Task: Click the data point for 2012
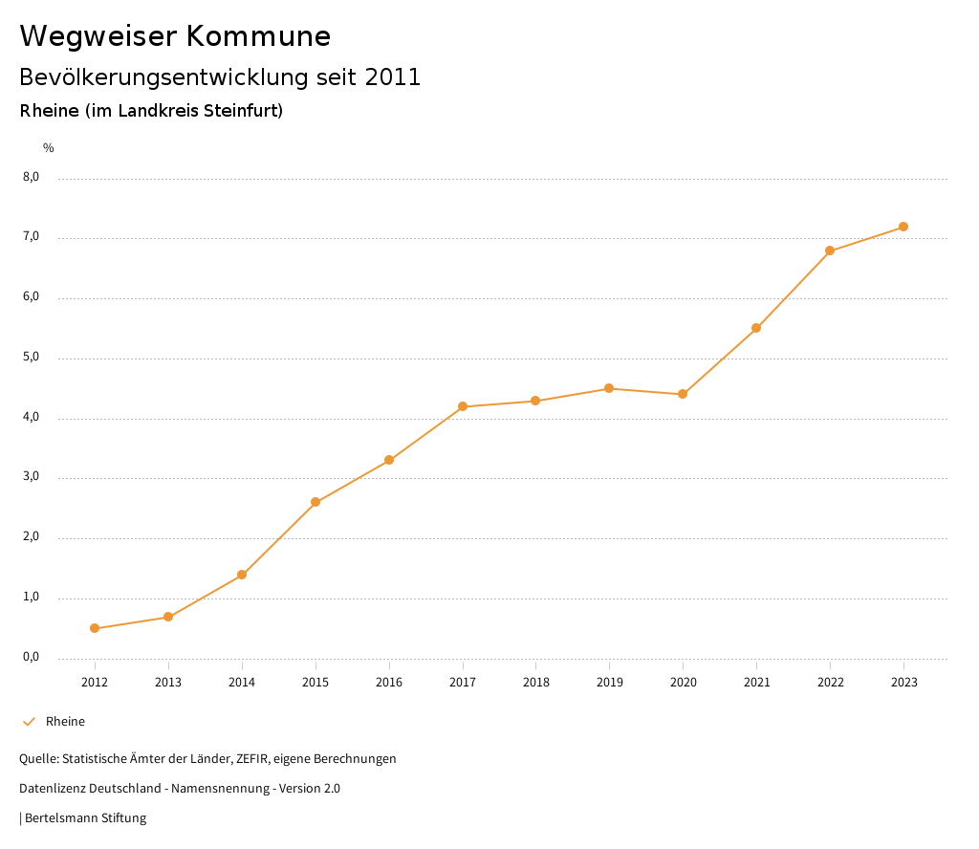[95, 628]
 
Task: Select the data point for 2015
[315, 502]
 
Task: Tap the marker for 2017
[463, 406]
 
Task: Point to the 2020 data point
[683, 394]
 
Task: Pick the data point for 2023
[903, 227]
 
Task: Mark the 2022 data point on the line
[830, 250]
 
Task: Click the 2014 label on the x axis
[242, 682]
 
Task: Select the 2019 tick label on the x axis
[609, 682]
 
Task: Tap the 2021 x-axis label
[756, 682]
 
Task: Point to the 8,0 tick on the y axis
[32, 177]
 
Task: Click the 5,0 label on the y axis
[32, 357]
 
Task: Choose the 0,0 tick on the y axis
[32, 657]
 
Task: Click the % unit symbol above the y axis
[49, 148]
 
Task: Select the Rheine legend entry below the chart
[65, 722]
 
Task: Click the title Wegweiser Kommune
[175, 36]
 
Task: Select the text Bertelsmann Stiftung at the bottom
[85, 818]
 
